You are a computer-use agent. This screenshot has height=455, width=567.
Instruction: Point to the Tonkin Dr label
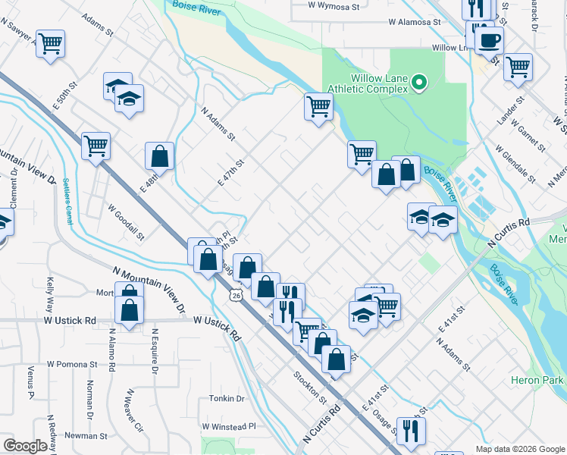[x=227, y=398]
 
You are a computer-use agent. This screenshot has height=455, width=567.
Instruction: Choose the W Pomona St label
[x=72, y=364]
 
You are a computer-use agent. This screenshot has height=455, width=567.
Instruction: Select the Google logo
[x=25, y=446]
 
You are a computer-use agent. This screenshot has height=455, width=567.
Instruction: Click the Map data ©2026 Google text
[x=520, y=449]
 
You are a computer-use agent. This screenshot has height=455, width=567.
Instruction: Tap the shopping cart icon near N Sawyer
[x=50, y=44]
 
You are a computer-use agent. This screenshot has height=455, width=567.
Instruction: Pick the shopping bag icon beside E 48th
[x=160, y=156]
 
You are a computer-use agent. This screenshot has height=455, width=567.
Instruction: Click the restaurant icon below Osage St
[x=411, y=430]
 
